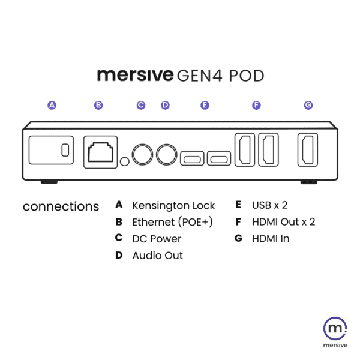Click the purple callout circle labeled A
tap(52, 105)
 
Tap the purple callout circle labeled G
tap(308, 105)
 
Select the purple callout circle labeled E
tap(205, 105)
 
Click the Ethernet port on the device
tap(101, 152)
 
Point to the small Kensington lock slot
tap(65, 150)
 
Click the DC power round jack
tap(142, 155)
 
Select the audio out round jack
tap(166, 155)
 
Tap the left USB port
tap(192, 158)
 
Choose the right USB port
tap(219, 158)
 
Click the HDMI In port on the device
tap(308, 149)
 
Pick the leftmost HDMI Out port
tap(245, 149)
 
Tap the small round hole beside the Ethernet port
tap(125, 161)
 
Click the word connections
tap(61, 206)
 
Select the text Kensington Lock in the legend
tap(173, 205)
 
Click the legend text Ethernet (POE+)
tap(172, 222)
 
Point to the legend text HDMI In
tap(271, 239)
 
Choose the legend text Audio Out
tap(157, 256)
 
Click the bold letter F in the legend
tap(239, 222)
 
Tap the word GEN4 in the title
tap(200, 76)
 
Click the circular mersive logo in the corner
tap(335, 328)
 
